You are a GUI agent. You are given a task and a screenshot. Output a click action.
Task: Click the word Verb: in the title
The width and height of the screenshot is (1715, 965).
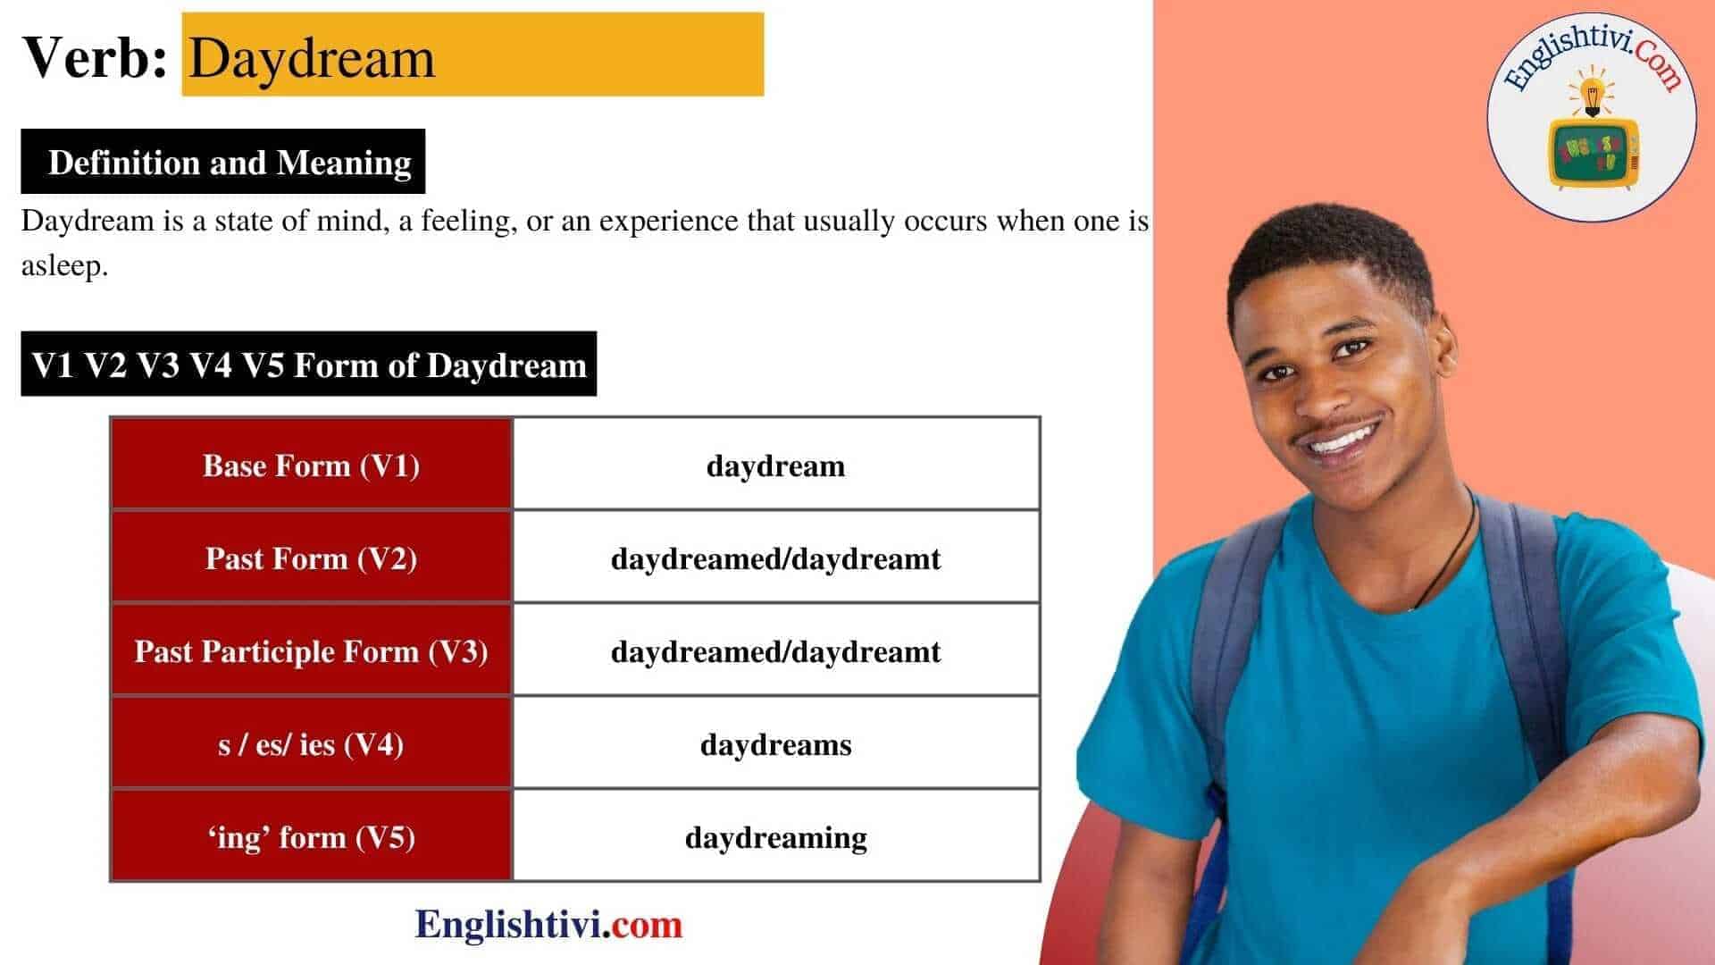pyautogui.click(x=95, y=57)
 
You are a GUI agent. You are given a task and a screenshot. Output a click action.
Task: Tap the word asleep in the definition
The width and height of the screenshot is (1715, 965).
pyautogui.click(x=64, y=266)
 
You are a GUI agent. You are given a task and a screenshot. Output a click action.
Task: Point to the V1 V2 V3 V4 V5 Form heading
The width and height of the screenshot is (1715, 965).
pyautogui.click(x=308, y=364)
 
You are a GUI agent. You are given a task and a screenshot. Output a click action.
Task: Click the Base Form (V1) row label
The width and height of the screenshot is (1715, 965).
pyautogui.click(x=311, y=465)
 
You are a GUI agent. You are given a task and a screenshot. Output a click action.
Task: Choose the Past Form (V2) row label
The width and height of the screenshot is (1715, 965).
pyautogui.click(x=311, y=558)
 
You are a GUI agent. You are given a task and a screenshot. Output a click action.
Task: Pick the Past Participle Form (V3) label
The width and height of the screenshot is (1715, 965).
pyautogui.click(x=311, y=650)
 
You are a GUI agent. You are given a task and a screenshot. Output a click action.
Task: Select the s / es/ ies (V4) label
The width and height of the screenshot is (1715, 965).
pyautogui.click(x=311, y=743)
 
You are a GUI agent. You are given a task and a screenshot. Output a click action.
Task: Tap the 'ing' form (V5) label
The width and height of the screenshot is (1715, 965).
pyautogui.click(x=311, y=836)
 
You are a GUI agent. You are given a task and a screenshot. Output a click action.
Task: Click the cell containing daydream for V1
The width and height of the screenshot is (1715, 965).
pyautogui.click(x=776, y=465)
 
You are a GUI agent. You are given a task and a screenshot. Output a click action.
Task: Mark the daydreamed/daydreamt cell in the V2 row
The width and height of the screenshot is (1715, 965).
pyautogui.click(x=776, y=558)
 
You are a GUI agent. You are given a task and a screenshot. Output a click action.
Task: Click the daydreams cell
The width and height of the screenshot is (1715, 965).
pyautogui.click(x=776, y=743)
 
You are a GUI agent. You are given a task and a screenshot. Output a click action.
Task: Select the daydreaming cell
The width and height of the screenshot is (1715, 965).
pyautogui.click(x=776, y=836)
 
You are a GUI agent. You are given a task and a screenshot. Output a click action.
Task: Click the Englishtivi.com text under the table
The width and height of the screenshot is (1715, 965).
pyautogui.click(x=548, y=924)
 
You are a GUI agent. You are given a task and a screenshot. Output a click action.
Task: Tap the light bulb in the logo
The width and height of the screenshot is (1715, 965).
pyautogui.click(x=1591, y=94)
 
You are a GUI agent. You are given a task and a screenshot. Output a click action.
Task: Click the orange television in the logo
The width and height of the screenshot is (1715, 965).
pyautogui.click(x=1593, y=154)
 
